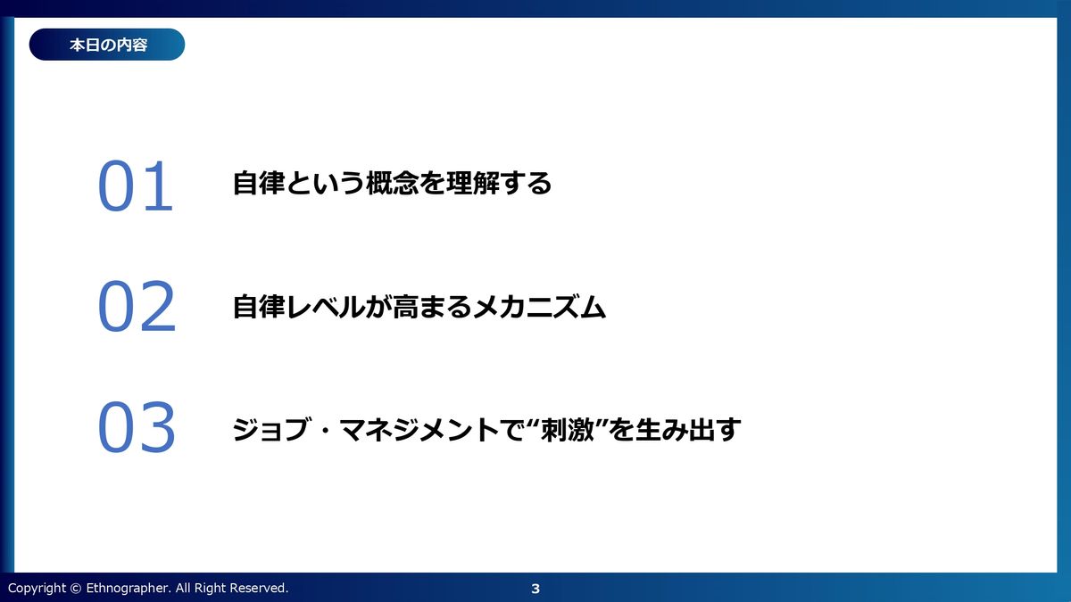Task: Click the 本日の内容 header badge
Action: pos(106,45)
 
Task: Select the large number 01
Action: pos(136,186)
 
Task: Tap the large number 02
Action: pos(137,306)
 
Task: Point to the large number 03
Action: pos(137,426)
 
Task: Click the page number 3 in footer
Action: pos(535,589)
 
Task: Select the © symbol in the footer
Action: pos(76,588)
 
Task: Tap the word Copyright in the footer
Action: pos(37,588)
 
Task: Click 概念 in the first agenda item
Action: pos(393,183)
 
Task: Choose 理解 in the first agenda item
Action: pos(472,183)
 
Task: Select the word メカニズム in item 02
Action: pos(539,306)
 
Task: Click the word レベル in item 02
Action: pos(326,306)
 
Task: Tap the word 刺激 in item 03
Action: pos(567,429)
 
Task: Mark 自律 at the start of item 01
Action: pos(259,183)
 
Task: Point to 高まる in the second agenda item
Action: pos(432,306)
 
